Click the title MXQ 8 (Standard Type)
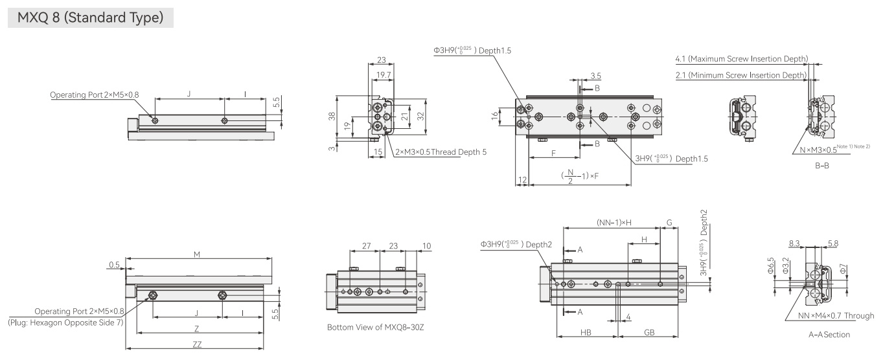[x=90, y=17]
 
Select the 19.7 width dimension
[x=384, y=75]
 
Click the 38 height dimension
[x=332, y=116]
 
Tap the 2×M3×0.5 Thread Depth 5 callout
[x=441, y=152]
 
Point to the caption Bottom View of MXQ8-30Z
[x=375, y=328]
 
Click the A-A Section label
[x=829, y=335]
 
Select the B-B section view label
[x=822, y=166]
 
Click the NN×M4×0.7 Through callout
[x=836, y=316]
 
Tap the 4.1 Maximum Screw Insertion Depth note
[x=742, y=59]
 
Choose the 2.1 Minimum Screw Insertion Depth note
[x=741, y=75]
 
